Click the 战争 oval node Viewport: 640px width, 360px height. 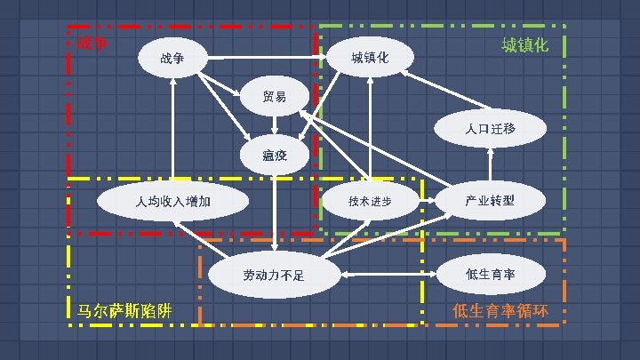(172, 59)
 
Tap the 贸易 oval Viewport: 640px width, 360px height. (275, 96)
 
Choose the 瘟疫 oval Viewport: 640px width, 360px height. (275, 156)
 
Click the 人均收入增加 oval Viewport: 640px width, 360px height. (173, 201)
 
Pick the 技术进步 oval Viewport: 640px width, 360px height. (370, 201)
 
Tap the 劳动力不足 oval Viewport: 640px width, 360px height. (274, 275)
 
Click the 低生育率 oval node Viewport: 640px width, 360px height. (490, 274)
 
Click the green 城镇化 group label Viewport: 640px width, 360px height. (524, 44)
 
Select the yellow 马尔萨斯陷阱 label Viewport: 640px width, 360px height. (125, 311)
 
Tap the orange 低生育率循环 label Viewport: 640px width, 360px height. (500, 311)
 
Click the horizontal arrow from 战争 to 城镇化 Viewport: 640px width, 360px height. (267, 60)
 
